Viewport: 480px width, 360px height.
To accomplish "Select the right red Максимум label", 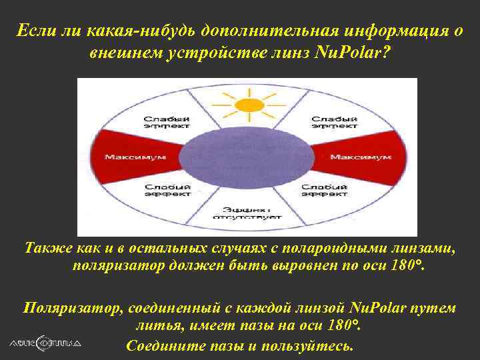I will tap(360, 157).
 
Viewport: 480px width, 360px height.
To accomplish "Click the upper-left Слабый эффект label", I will tap(167, 122).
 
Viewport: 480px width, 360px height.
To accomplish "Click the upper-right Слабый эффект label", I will tap(328, 122).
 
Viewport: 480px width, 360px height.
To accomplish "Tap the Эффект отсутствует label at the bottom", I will tap(247, 212).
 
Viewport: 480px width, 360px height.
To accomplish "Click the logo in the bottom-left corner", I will tap(45, 343).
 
